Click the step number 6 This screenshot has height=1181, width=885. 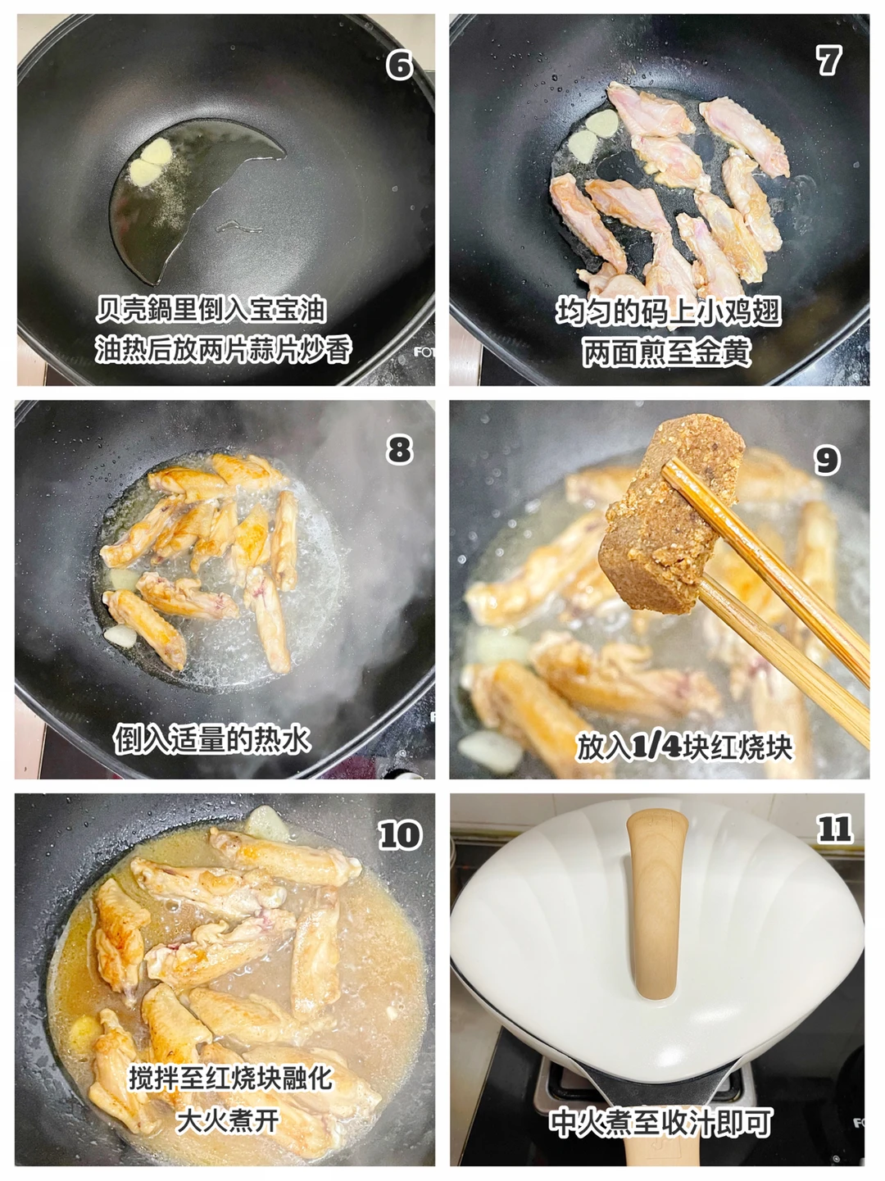point(400,66)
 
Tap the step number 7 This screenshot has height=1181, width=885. point(828,61)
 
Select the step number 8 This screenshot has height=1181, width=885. point(399,450)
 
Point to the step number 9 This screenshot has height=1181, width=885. point(827,460)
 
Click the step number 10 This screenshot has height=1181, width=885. point(399,834)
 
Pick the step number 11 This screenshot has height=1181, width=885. point(834,829)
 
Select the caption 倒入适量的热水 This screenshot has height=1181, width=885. point(212,738)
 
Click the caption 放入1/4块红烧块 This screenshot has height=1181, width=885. point(684,747)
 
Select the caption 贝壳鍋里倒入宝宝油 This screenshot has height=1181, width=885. point(211,310)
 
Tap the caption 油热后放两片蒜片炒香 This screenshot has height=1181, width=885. point(223,350)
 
